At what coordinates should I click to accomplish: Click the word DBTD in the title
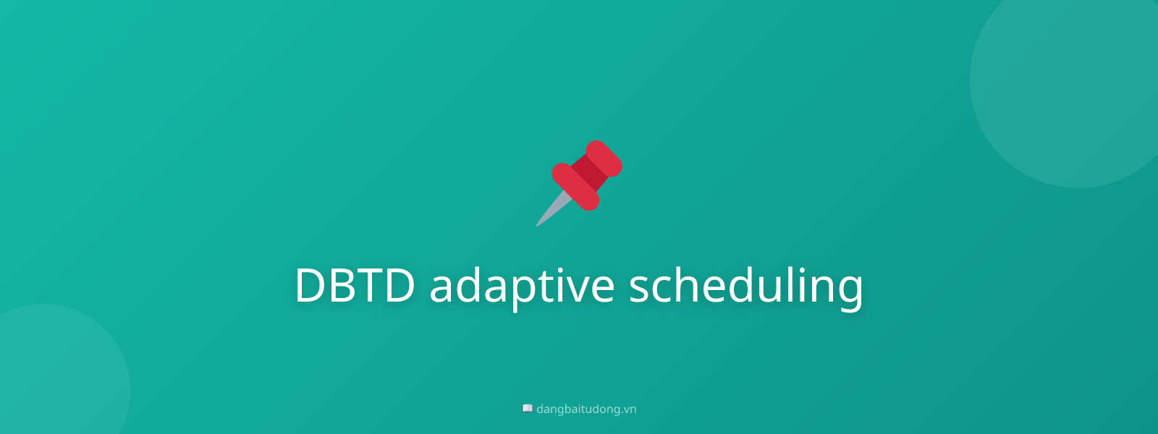click(x=355, y=285)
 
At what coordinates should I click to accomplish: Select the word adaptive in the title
click(x=522, y=285)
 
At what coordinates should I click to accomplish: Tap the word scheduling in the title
click(x=745, y=285)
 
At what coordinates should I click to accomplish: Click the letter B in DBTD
click(x=346, y=285)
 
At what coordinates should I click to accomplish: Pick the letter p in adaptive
click(x=516, y=289)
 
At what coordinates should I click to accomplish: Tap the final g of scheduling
click(x=848, y=289)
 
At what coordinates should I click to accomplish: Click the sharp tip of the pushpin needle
click(x=538, y=224)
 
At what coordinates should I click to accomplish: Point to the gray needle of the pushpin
click(x=553, y=208)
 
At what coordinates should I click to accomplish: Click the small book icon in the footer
click(x=528, y=409)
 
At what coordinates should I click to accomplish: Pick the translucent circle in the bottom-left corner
click(x=51, y=383)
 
